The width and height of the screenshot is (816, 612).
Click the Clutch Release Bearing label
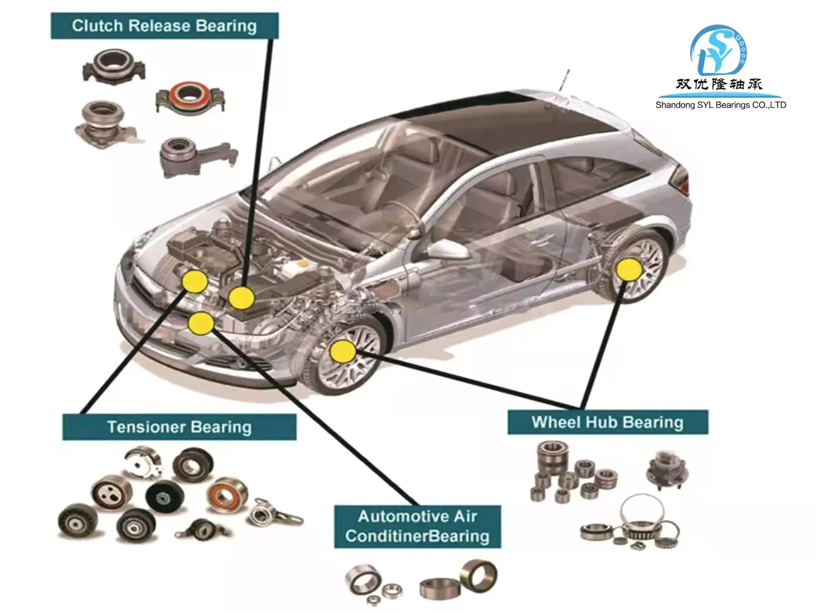[x=164, y=26]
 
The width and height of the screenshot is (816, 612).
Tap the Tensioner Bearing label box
[x=179, y=427]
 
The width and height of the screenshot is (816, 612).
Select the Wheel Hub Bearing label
[x=608, y=422]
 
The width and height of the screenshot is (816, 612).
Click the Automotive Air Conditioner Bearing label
[x=417, y=526]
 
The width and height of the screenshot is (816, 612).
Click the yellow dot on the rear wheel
[x=629, y=270]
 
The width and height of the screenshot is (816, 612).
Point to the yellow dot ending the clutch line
[x=241, y=298]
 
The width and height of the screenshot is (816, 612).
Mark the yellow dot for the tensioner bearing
[x=195, y=281]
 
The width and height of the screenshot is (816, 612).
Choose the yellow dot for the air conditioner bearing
[x=201, y=323]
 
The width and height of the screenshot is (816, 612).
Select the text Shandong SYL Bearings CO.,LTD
[x=720, y=105]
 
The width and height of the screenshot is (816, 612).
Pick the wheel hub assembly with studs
[x=667, y=469]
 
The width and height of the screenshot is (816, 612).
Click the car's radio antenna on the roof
[x=564, y=80]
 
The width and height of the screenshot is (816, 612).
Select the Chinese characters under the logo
[x=718, y=85]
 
